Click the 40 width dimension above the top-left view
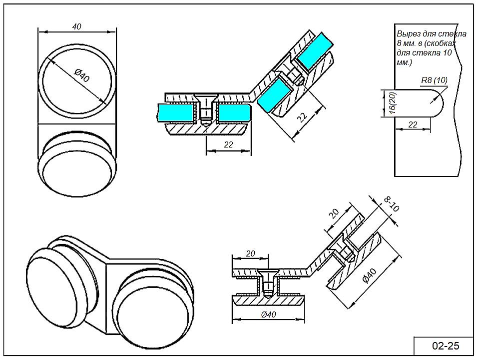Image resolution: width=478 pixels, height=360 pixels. tap(76, 26)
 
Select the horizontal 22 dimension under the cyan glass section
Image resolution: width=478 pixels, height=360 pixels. tap(228, 144)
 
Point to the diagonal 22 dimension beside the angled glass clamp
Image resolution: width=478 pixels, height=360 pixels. tap(302, 117)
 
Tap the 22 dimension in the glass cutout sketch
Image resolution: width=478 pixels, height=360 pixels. tap(413, 124)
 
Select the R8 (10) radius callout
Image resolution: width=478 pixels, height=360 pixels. tap(434, 80)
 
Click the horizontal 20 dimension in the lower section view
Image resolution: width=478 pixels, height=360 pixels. tap(251, 253)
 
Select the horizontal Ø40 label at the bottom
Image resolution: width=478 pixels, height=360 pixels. tap(268, 314)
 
